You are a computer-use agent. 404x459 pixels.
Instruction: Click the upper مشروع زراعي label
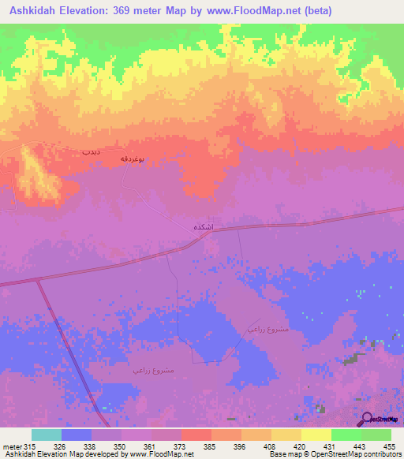pos(260,327)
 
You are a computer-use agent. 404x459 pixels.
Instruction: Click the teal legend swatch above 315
pos(46,435)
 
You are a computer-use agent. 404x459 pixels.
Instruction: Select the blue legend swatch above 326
pos(76,435)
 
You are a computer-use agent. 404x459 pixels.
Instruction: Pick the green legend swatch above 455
pos(376,435)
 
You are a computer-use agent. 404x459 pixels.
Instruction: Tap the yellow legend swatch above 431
pos(316,435)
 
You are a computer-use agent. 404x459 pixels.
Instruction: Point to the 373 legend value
pos(181,446)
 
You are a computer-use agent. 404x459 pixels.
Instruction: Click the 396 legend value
pos(241,446)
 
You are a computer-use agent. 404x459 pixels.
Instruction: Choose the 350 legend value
pos(121,446)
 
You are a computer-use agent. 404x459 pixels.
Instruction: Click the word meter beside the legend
pos(10,446)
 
